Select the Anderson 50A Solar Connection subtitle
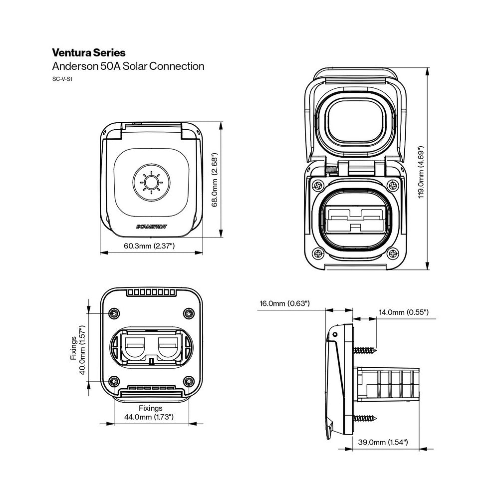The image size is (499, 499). pos(128,66)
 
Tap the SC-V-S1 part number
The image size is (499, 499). pos(62,79)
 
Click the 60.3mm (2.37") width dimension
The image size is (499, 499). pos(149,246)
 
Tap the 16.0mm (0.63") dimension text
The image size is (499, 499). pos(285,303)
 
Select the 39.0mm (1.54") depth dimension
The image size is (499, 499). pos(383,442)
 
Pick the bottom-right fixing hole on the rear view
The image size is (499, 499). pos(189,382)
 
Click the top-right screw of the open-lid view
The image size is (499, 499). pos(394,186)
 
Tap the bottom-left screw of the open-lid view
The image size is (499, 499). pos(317,252)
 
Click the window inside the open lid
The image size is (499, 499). pos(356,120)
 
